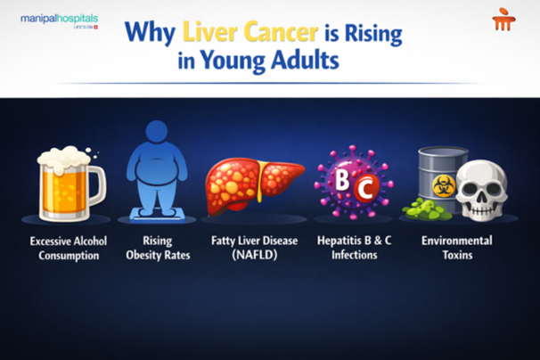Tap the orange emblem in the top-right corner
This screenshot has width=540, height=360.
point(503,20)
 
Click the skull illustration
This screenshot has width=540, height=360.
point(487,188)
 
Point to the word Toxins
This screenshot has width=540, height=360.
point(456,256)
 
